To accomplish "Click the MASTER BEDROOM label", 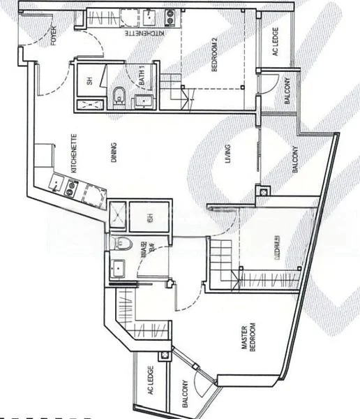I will pos(248,339).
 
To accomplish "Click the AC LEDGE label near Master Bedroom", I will pos(150,382).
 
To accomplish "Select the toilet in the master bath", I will pos(125,244).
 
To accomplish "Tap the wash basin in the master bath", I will pos(118,267).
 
